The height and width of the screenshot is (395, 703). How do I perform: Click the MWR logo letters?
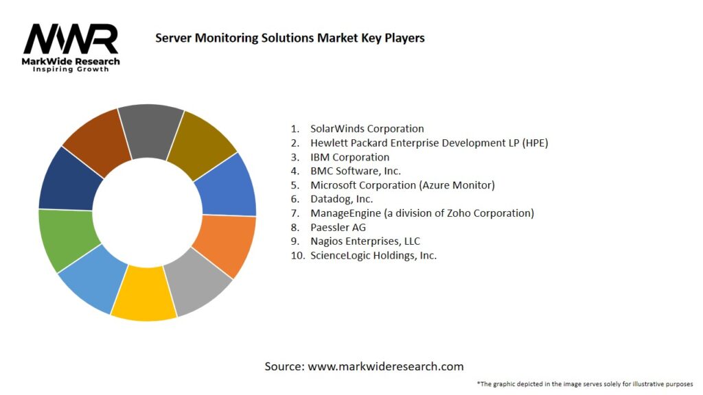click(71, 40)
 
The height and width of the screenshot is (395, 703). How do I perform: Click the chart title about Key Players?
click(290, 38)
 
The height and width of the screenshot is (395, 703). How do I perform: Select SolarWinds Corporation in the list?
click(367, 128)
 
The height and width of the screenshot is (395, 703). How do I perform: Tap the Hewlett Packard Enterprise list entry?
click(429, 143)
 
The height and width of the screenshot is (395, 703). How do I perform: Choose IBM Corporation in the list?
click(349, 157)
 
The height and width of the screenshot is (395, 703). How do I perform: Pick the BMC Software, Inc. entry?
click(355, 171)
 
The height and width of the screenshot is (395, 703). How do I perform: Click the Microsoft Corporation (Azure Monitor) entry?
click(402, 185)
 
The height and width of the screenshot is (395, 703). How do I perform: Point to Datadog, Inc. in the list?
click(341, 199)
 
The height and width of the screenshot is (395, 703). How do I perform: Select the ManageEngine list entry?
click(422, 213)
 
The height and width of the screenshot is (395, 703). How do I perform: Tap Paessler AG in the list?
click(338, 227)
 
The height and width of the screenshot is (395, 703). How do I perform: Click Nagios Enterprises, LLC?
click(365, 241)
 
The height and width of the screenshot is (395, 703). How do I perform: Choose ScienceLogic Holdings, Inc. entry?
click(373, 255)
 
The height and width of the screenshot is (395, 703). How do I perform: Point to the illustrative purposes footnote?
click(584, 383)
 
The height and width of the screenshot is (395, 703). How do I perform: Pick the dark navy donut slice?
click(66, 180)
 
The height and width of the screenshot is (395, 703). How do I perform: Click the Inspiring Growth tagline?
click(71, 69)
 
